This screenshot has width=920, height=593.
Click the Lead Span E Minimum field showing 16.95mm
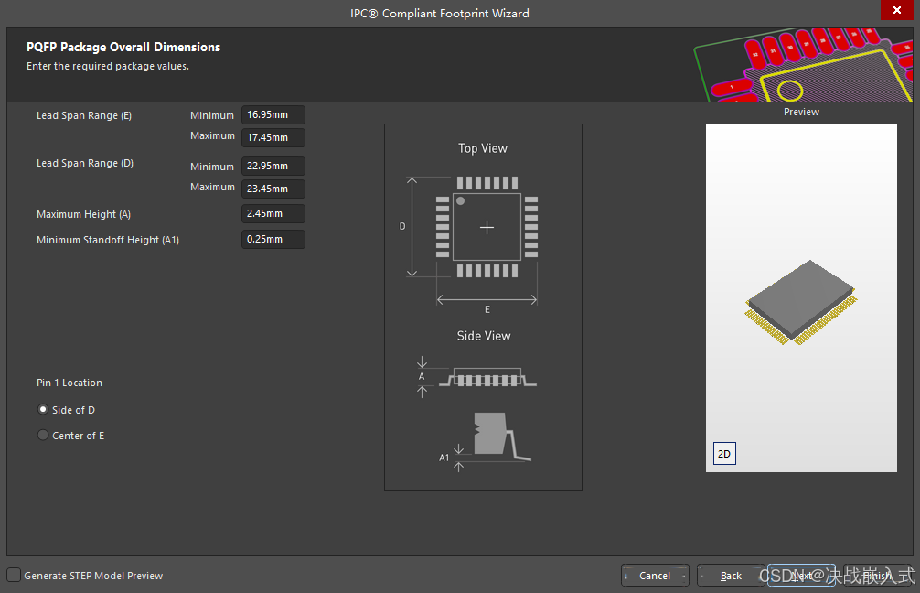coord(273,115)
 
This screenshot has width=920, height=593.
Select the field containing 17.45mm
coord(273,137)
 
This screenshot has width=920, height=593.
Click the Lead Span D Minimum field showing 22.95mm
coord(273,167)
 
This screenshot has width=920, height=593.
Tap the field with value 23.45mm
coord(273,189)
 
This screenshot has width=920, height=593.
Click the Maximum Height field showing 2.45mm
coord(273,214)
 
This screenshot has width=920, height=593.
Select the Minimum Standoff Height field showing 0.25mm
coord(273,240)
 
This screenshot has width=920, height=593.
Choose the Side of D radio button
coord(43,410)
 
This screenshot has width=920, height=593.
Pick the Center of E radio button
coord(43,436)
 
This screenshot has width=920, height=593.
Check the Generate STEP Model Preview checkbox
coord(14,576)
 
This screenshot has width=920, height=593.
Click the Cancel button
coord(655,576)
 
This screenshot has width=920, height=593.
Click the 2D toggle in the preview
coord(724,454)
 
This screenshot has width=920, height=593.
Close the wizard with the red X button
coord(896,11)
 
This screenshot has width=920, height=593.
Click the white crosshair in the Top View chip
coord(487,227)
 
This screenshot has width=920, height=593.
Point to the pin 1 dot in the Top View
coord(460,200)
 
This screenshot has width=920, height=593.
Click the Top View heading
coord(483,148)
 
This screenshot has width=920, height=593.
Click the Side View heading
coord(484,336)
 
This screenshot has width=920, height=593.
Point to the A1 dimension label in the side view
coord(444,458)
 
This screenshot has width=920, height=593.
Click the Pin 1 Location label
coord(70,383)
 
